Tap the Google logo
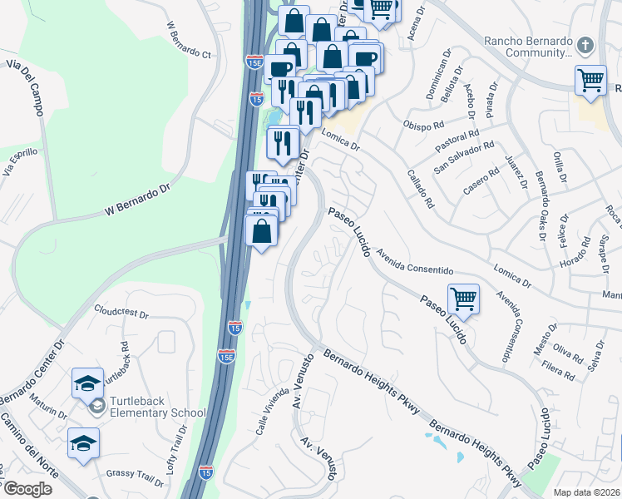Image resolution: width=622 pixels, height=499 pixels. point(27,489)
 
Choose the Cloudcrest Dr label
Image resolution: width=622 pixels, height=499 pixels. point(121,315)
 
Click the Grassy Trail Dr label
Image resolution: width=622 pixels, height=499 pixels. point(135,477)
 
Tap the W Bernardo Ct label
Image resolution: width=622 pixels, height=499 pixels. point(190,40)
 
